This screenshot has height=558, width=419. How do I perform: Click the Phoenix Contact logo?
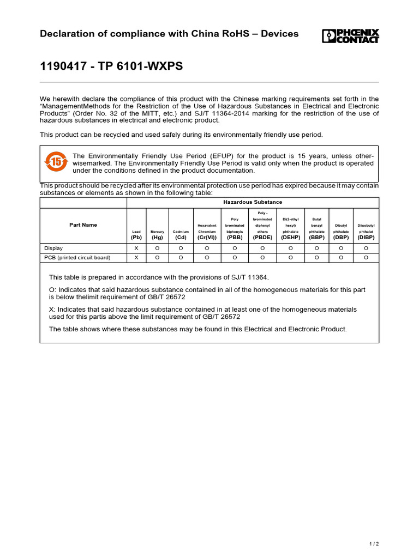[x=350, y=36]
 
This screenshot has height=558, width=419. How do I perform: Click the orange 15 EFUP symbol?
[x=56, y=161]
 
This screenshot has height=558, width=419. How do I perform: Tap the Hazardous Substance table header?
[x=253, y=202]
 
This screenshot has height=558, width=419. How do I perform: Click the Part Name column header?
[x=83, y=225]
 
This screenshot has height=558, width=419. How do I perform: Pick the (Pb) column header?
[x=136, y=238]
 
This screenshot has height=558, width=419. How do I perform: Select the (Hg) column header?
[x=157, y=238]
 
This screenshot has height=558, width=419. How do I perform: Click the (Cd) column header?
[x=181, y=238]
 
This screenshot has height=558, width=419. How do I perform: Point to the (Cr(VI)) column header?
[x=207, y=238]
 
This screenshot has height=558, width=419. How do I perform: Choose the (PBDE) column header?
[x=262, y=238]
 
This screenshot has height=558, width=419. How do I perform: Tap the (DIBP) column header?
[x=366, y=238]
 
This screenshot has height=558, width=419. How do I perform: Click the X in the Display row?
[x=136, y=248]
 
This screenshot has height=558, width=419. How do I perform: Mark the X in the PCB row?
[x=136, y=257]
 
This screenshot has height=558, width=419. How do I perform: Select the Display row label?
[x=53, y=248]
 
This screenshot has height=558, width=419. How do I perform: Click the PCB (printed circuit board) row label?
[x=77, y=257]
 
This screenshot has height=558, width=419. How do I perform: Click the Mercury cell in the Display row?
[x=157, y=248]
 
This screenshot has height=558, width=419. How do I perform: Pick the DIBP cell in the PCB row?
[x=366, y=257]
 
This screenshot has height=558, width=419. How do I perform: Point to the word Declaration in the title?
[x=68, y=34]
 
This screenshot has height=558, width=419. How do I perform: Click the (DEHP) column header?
[x=290, y=238]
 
